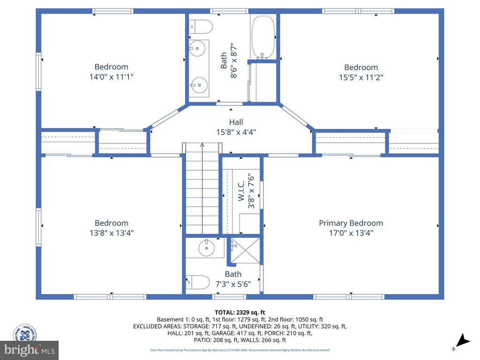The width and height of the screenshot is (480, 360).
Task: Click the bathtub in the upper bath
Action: click(x=264, y=36)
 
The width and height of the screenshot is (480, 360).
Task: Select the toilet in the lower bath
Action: click(x=198, y=282)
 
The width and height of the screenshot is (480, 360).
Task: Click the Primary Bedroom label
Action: click(x=351, y=223)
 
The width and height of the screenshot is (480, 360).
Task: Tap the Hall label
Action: click(x=236, y=122)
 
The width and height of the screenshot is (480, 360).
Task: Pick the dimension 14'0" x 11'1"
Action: click(x=111, y=77)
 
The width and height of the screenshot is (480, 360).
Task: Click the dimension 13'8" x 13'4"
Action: click(x=111, y=233)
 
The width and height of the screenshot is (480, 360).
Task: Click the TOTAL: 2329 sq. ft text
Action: click(x=240, y=312)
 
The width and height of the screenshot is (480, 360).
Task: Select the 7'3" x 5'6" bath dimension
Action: click(x=233, y=284)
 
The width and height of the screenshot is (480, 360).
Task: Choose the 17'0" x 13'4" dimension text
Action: click(x=351, y=233)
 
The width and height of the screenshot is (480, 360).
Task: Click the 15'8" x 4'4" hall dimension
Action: click(x=236, y=132)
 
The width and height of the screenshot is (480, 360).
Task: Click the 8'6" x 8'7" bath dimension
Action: click(x=234, y=61)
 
